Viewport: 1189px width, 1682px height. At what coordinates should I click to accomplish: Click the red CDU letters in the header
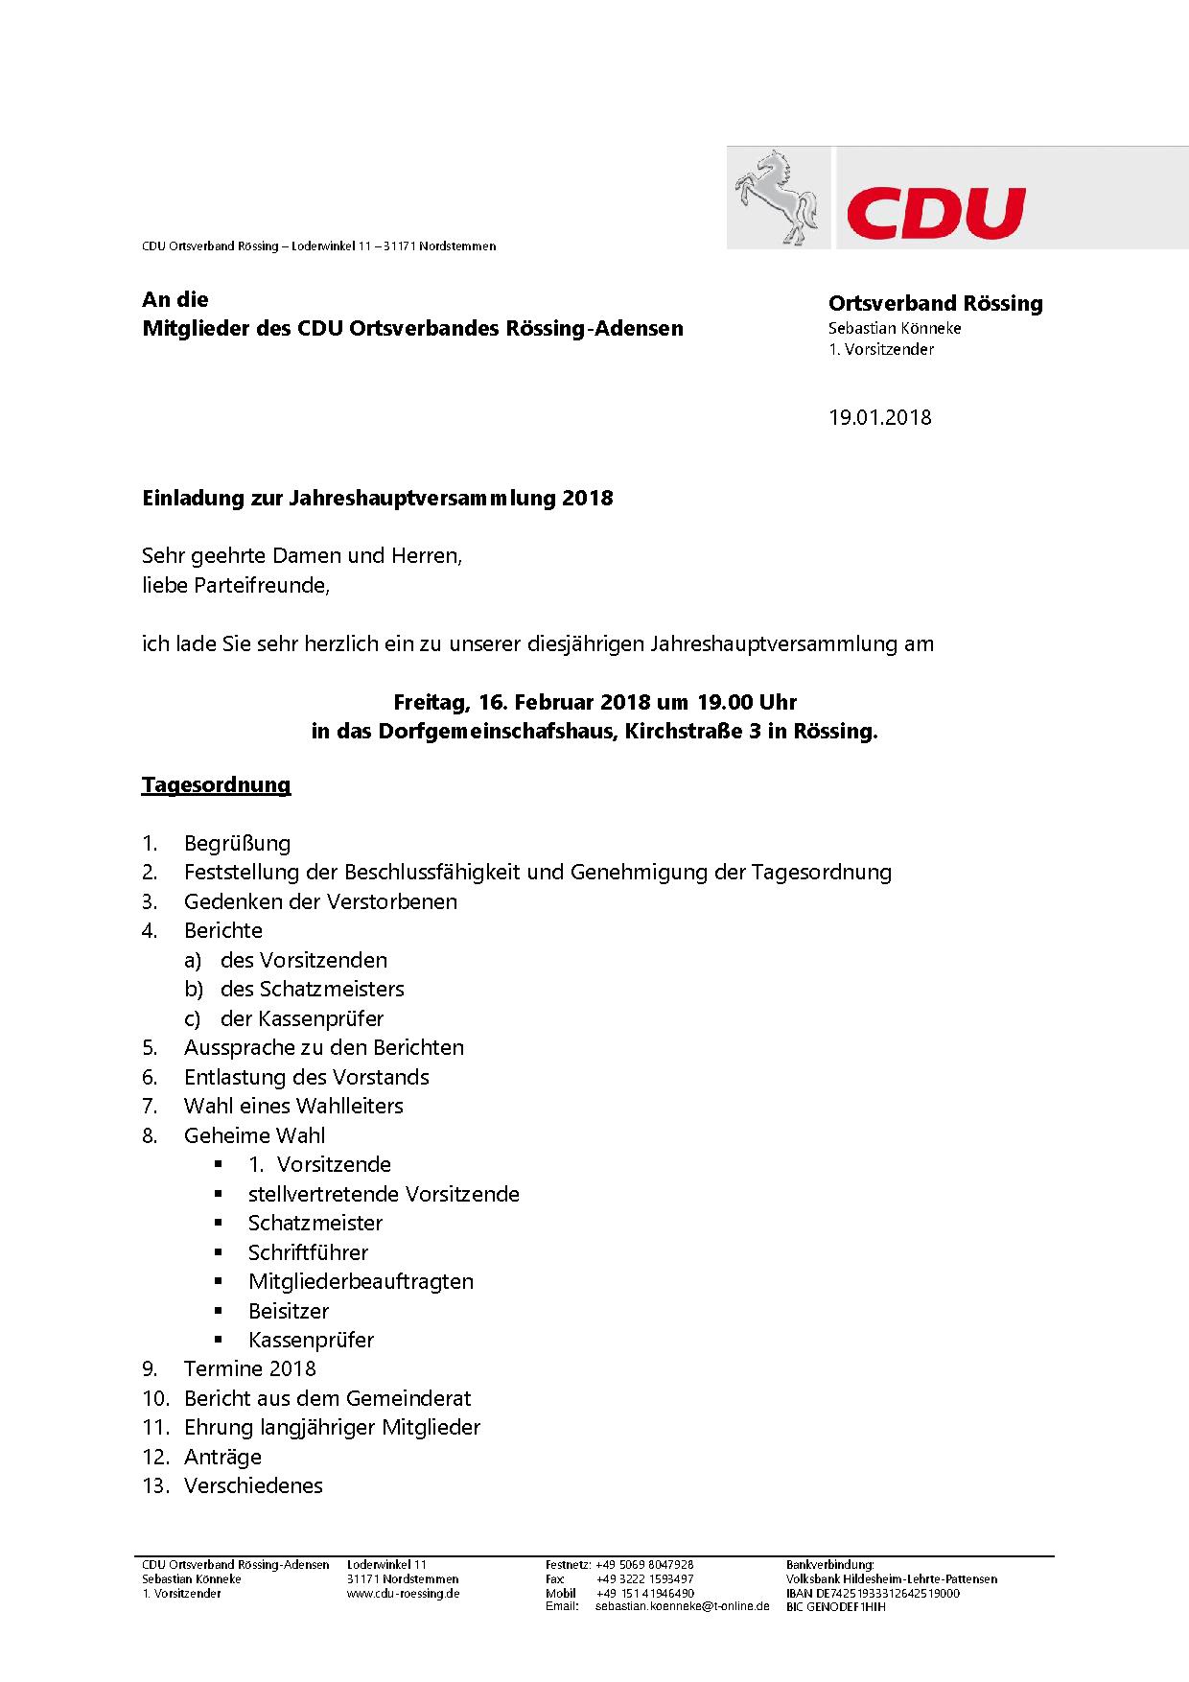coord(935,213)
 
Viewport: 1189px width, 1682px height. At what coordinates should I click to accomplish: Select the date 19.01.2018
coord(879,417)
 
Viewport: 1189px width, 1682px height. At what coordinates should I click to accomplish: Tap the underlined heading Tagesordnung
coord(216,784)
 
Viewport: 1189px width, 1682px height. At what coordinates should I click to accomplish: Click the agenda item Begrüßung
coord(237,844)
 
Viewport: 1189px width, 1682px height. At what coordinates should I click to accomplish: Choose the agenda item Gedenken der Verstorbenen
coord(320,901)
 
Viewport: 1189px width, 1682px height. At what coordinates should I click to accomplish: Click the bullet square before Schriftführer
coord(220,1251)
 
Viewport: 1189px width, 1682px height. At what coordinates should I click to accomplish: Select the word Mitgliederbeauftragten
coord(361,1281)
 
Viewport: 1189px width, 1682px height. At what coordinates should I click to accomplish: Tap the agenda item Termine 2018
coord(249,1368)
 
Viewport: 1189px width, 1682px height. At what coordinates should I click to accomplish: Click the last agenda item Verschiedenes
coord(253,1485)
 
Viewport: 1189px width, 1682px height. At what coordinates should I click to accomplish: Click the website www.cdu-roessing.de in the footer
coord(403,1593)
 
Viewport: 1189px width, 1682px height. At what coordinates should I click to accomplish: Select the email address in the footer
coord(682,1605)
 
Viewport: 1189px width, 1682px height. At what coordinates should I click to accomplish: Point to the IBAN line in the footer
coord(873,1593)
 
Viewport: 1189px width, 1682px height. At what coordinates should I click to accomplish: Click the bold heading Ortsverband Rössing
coord(935,303)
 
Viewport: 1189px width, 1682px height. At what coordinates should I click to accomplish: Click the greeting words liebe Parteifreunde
coord(235,585)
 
